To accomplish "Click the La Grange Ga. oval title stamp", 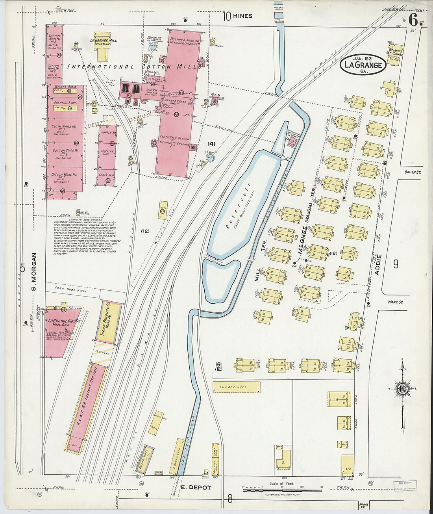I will (x=363, y=65).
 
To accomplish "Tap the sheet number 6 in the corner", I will (x=413, y=19).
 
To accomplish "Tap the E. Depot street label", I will (x=196, y=488).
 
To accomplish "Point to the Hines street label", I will (x=242, y=16).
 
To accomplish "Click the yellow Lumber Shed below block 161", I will (x=236, y=387).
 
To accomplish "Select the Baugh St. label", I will (x=413, y=172).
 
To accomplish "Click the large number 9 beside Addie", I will (x=396, y=264).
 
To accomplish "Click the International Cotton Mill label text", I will (x=132, y=67).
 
